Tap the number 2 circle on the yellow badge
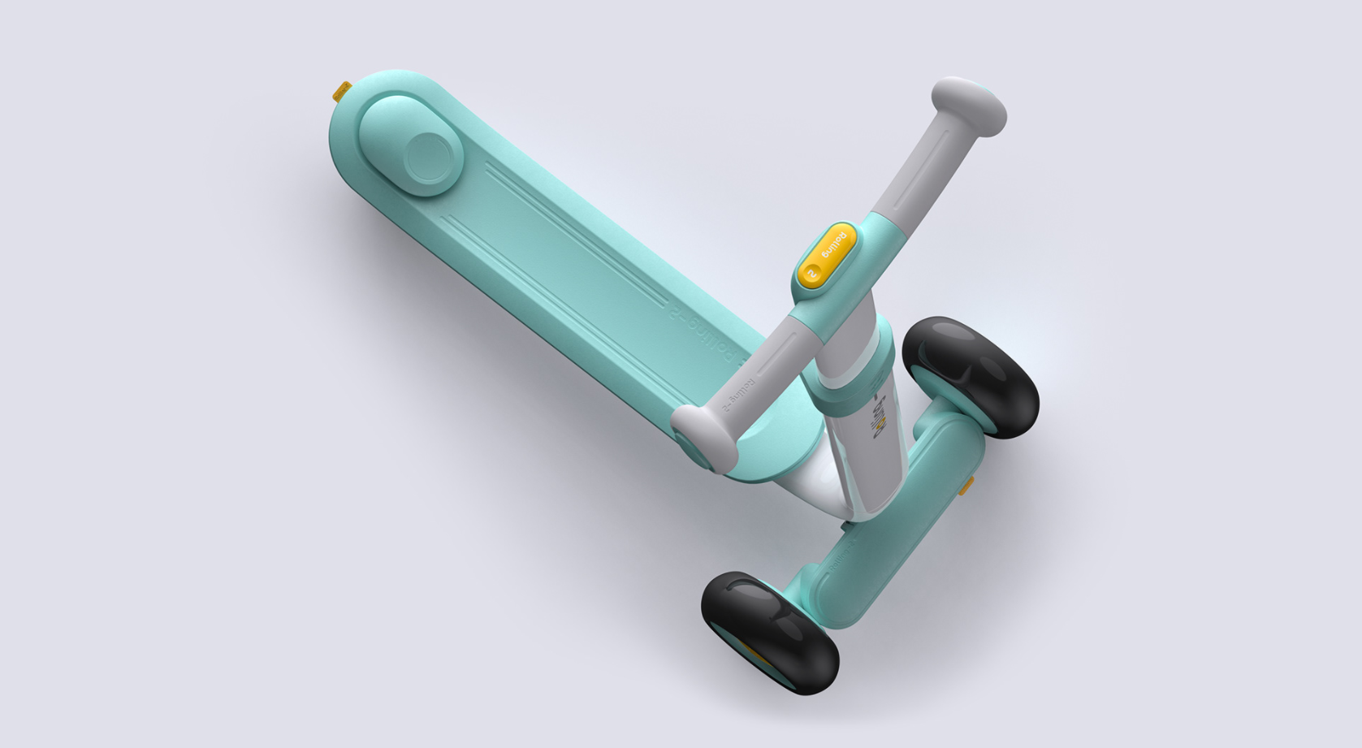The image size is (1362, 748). (x=811, y=275)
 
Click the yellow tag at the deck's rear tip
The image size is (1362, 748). (x=342, y=91)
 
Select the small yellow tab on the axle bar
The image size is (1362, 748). (x=966, y=486)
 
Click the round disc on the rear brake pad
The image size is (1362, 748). (x=428, y=157)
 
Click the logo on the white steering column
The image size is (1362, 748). (x=880, y=419)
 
